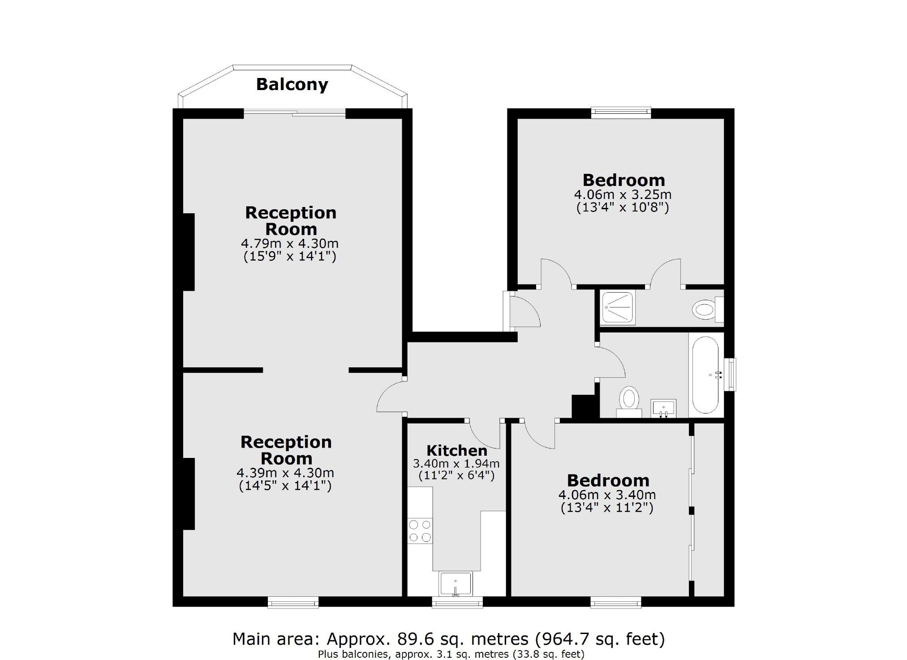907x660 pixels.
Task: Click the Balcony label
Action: [x=292, y=85]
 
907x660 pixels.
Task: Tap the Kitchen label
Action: [x=457, y=450]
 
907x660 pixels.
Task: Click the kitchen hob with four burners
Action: [x=420, y=531]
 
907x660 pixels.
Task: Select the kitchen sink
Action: [x=456, y=584]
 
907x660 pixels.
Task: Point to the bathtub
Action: [x=706, y=375]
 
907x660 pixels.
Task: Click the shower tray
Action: [x=618, y=308]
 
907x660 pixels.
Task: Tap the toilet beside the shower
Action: [x=708, y=309]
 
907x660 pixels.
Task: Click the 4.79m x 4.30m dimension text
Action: [x=290, y=244]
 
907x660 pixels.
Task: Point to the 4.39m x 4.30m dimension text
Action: [x=285, y=473]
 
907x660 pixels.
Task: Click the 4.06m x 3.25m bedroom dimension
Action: [x=623, y=194]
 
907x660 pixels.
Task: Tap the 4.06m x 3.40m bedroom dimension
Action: [x=607, y=495]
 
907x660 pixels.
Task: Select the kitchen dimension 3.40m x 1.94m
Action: [x=456, y=463]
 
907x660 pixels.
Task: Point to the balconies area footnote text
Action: [x=451, y=654]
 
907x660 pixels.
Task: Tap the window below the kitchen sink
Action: [x=457, y=602]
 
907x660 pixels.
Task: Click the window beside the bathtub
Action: [x=730, y=374]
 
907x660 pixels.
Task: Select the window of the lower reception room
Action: [x=293, y=602]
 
